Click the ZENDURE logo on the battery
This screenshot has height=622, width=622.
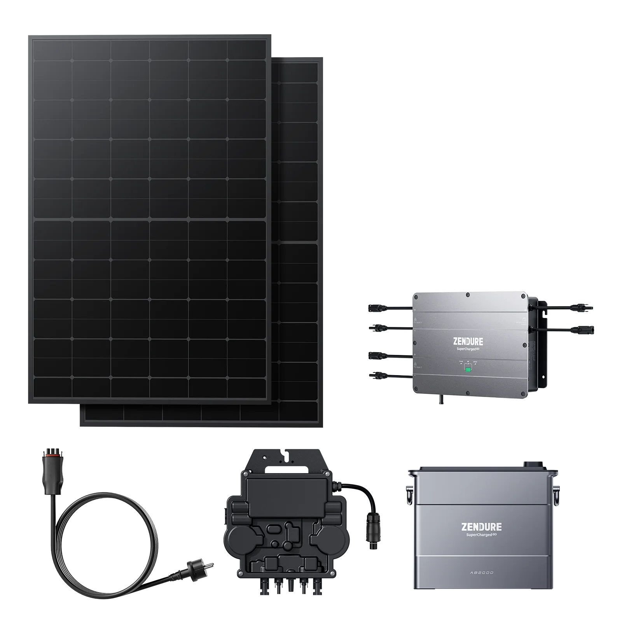coord(481,527)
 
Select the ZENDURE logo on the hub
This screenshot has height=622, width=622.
coord(468,342)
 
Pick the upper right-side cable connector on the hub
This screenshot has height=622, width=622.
coord(585,307)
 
